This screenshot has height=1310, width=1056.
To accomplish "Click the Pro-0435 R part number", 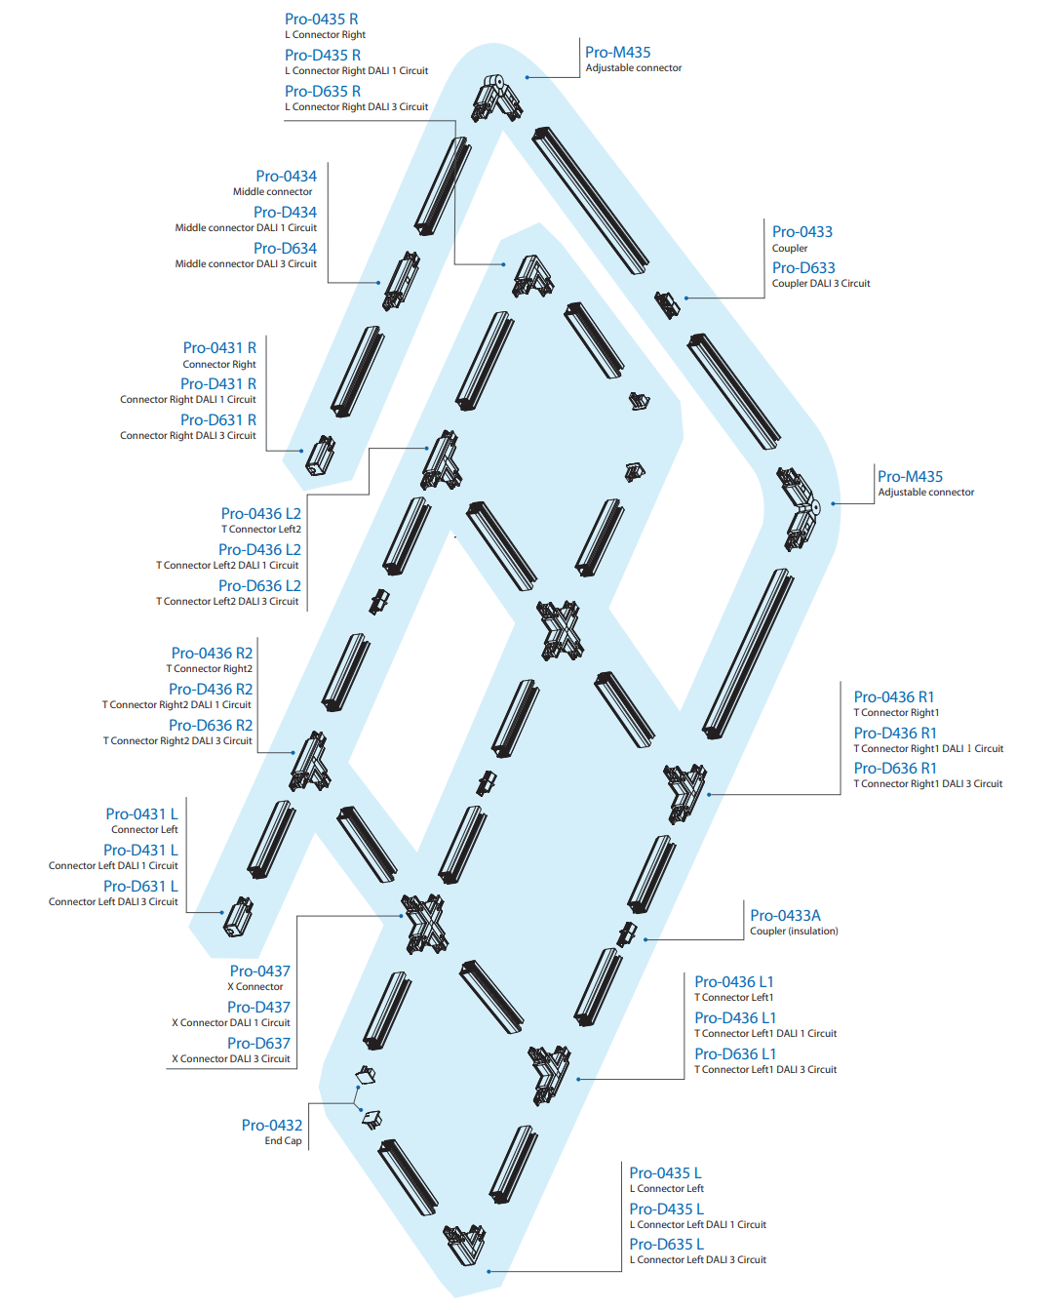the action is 322,19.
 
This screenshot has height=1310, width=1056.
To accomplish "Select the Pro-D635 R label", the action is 323,92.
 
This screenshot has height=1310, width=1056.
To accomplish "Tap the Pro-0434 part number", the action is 286,176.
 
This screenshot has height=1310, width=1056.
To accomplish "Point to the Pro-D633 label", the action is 803,268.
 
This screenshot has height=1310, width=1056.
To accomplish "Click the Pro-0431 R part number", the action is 219,347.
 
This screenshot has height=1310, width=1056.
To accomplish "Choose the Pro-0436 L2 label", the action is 261,513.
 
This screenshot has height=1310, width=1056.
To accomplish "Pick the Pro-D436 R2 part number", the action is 211,689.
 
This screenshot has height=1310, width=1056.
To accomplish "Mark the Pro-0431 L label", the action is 141,814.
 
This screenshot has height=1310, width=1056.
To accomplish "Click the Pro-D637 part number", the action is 258,1043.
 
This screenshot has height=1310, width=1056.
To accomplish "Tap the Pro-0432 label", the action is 272,1125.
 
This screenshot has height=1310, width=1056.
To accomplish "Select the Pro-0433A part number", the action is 785,916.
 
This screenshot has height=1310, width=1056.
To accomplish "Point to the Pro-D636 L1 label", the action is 735,1053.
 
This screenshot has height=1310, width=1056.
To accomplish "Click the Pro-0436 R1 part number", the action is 893,697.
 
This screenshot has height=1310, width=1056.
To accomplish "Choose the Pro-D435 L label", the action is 667,1209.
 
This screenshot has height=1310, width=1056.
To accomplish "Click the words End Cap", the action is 283,1141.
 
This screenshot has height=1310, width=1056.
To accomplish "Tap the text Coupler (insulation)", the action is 794,931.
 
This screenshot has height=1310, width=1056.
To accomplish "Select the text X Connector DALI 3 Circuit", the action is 231,1058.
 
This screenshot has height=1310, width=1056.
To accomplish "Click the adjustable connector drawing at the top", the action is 497,98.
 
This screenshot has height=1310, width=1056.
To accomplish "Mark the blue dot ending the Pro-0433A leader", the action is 645,940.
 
